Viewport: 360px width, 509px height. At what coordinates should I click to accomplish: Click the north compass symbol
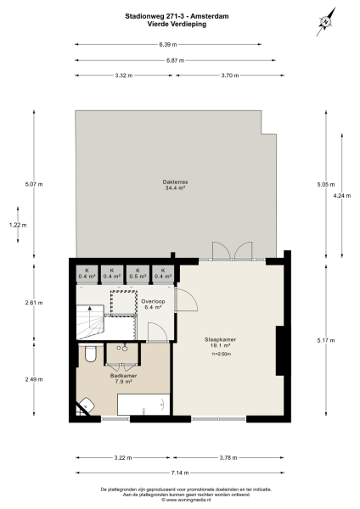tap(325, 23)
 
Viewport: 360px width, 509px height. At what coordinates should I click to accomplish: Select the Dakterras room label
tap(176, 186)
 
